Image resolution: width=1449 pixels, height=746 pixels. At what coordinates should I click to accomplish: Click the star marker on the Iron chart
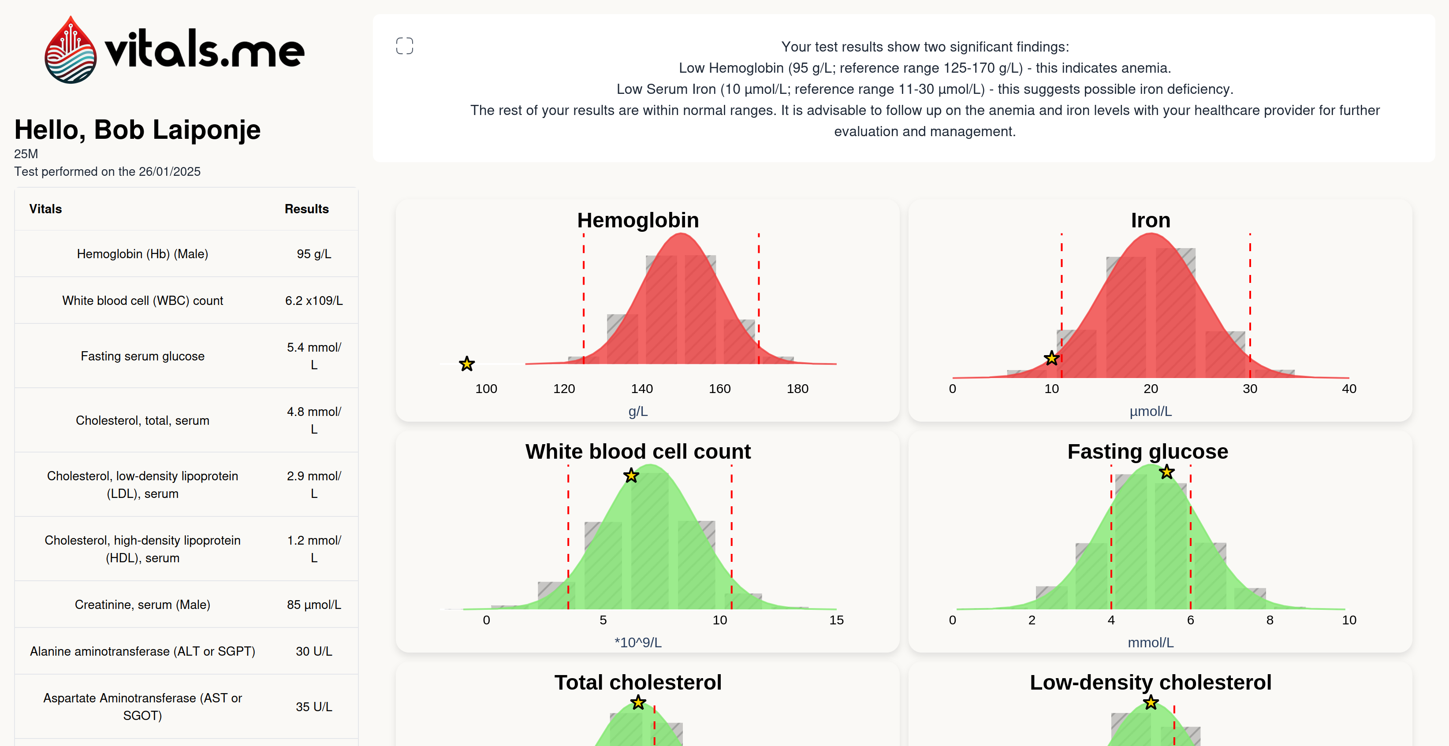tap(1051, 358)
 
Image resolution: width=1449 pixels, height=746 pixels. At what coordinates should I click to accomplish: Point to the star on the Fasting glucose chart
tap(1166, 472)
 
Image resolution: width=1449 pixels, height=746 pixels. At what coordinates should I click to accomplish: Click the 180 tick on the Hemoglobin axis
tap(797, 389)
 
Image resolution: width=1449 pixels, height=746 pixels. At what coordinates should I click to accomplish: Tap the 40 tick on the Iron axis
tap(1348, 389)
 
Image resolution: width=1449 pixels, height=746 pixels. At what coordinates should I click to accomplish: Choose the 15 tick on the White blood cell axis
tap(836, 620)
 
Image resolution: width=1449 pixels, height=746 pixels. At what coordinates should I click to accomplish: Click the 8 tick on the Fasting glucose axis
tap(1270, 620)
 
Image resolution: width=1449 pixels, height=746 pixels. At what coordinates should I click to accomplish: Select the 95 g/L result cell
tap(314, 254)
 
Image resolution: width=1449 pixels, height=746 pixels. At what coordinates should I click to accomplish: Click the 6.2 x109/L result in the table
tap(314, 301)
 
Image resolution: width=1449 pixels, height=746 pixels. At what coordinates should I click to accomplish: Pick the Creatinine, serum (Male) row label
tap(142, 605)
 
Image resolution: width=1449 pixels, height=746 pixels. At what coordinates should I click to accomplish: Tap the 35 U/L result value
tap(314, 707)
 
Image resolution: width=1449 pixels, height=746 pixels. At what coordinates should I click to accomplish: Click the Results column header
tap(306, 209)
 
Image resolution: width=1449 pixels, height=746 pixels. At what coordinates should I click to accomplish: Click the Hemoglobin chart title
tap(638, 220)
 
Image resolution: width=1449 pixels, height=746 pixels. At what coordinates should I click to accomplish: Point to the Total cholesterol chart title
tap(638, 683)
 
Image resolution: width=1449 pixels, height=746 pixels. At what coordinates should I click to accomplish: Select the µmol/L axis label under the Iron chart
tap(1150, 412)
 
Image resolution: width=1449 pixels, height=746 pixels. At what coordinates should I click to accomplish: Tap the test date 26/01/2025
tap(169, 171)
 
